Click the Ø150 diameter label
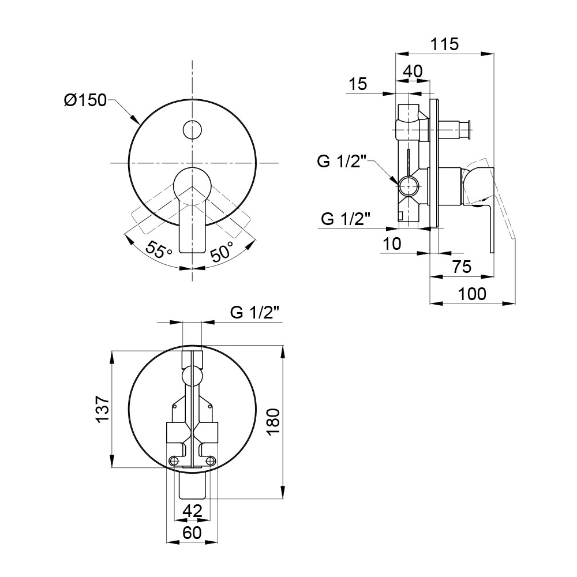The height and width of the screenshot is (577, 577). tap(85, 100)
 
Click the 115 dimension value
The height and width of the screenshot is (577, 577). tap(444, 44)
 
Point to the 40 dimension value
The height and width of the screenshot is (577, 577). tap(413, 71)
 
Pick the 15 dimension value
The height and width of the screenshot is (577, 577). tap(358, 84)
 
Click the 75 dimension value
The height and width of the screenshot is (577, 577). tap(462, 267)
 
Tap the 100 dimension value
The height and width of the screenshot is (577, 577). tap(472, 294)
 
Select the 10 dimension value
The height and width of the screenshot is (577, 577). tap(392, 243)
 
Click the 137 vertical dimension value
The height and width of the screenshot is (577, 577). tap(103, 409)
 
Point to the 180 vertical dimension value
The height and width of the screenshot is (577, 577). tap(273, 422)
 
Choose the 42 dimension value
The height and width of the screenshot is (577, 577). tap(193, 511)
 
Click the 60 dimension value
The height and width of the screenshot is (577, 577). tap(192, 533)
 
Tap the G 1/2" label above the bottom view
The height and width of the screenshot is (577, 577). tap(254, 313)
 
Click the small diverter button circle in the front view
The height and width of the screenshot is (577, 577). tap(192, 129)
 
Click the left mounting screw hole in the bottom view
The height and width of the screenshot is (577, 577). tap(174, 460)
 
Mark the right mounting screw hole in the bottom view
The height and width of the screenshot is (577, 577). tap(211, 460)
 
